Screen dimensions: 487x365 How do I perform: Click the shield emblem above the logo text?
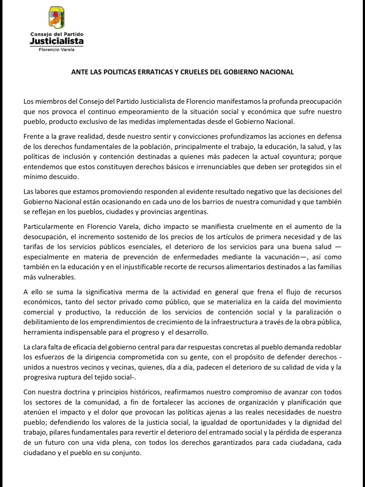[57, 18]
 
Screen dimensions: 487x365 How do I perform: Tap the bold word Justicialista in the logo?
[57, 41]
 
